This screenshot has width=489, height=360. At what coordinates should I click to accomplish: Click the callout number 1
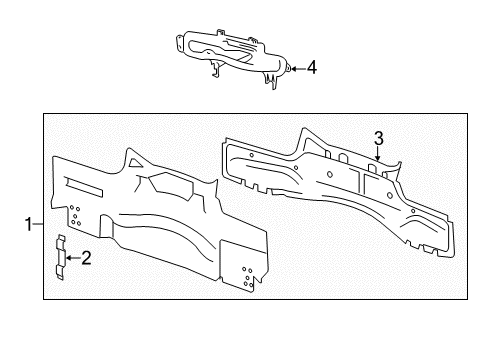[29, 224]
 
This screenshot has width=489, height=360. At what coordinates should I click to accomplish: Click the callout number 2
[86, 258]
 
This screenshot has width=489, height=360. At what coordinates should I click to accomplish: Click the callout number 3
[379, 139]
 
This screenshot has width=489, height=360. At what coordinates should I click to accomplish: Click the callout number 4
[312, 68]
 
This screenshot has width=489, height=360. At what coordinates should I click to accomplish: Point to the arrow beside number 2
[73, 258]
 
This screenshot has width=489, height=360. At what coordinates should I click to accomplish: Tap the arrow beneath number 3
[378, 154]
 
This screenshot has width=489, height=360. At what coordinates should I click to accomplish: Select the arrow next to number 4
[299, 69]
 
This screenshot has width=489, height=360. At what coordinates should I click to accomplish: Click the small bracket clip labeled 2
[60, 257]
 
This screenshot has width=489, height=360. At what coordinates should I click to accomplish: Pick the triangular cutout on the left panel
[135, 163]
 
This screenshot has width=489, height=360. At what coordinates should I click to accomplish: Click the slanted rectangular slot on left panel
[85, 187]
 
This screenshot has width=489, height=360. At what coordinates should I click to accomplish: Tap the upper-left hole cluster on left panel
[75, 215]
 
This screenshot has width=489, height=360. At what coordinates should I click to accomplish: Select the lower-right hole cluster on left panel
[248, 277]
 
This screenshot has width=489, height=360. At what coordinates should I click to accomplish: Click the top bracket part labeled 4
[232, 57]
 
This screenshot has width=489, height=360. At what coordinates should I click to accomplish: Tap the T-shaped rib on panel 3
[364, 180]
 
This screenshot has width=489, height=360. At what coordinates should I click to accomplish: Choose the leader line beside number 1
[38, 224]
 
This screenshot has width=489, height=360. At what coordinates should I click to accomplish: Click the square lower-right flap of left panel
[244, 265]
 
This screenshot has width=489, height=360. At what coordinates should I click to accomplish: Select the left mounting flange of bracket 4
[179, 44]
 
